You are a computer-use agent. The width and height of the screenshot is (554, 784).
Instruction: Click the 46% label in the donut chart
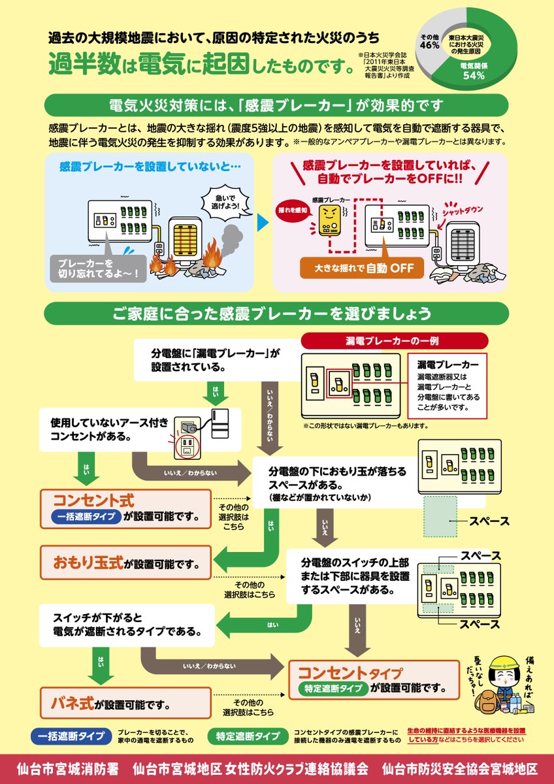(x=429, y=45)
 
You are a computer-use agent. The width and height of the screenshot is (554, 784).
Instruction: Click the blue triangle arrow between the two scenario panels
(x=263, y=222)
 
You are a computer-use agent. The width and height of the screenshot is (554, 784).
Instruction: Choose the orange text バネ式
(x=73, y=703)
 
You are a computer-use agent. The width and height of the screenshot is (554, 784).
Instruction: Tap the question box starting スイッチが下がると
(x=126, y=626)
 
